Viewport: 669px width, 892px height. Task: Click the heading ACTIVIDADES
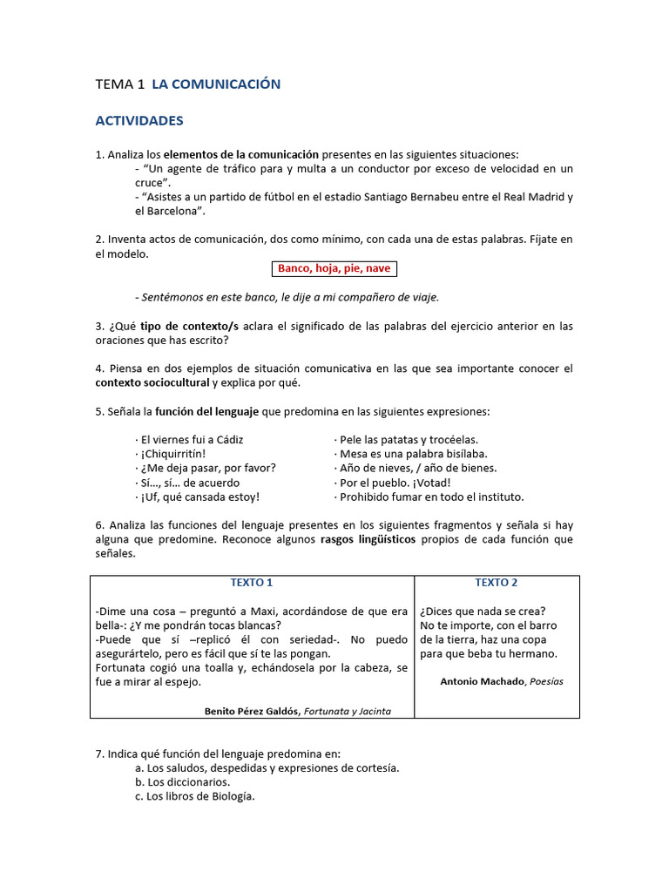pyautogui.click(x=139, y=120)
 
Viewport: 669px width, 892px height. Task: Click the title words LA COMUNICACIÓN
pyautogui.click(x=216, y=84)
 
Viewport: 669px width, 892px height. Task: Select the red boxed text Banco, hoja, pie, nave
pyautogui.click(x=334, y=268)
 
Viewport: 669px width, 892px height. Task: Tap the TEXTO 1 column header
pyautogui.click(x=252, y=583)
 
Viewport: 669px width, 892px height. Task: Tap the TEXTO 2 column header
pyautogui.click(x=497, y=583)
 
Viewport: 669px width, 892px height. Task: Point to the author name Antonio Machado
pyautogui.click(x=482, y=682)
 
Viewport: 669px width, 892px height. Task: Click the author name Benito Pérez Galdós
pyautogui.click(x=252, y=711)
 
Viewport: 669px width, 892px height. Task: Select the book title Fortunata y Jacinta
pyautogui.click(x=348, y=711)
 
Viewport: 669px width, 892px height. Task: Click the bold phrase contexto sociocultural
pyautogui.click(x=152, y=382)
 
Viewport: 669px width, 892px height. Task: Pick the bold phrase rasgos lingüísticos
pyautogui.click(x=369, y=539)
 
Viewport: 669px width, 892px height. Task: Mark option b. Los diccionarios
pyautogui.click(x=183, y=782)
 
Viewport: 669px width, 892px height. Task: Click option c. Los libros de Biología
pyautogui.click(x=195, y=796)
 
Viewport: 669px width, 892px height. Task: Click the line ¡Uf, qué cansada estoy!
pyautogui.click(x=198, y=497)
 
